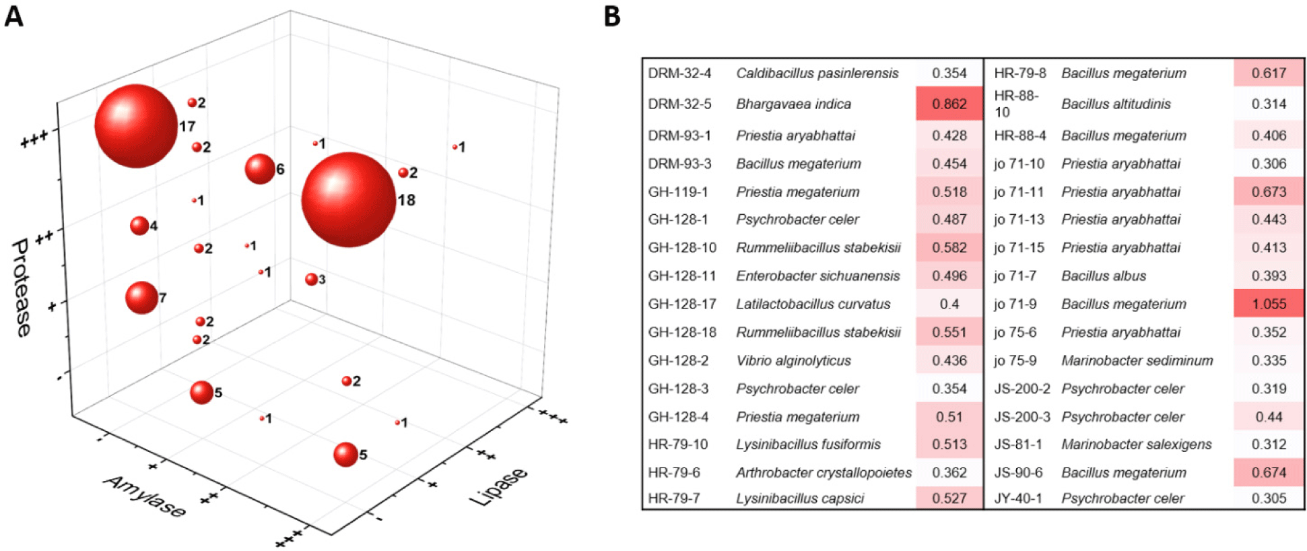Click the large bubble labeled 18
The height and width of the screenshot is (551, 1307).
click(348, 199)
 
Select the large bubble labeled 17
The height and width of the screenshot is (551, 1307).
click(136, 126)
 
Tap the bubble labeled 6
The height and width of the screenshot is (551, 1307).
click(259, 168)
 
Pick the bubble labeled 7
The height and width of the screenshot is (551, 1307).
click(141, 298)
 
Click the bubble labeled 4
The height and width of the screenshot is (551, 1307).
click(139, 226)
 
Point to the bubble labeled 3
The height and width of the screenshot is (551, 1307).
click(311, 279)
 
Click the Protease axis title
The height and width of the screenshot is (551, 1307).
click(22, 288)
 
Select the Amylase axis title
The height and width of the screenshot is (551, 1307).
click(144, 496)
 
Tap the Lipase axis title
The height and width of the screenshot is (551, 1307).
click(498, 486)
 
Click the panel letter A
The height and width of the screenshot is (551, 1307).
click(14, 16)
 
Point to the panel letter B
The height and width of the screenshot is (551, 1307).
click(611, 16)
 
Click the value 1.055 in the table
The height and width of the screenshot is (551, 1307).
click(1269, 304)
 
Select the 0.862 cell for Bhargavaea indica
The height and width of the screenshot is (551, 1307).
click(949, 104)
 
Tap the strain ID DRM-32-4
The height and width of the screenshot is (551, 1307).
click(679, 73)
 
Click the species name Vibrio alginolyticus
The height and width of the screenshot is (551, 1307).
click(793, 360)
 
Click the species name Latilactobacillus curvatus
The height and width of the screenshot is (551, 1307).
click(813, 304)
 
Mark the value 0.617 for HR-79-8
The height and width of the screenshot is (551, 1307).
click(1269, 73)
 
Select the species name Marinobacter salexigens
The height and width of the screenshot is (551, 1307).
click(1136, 445)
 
